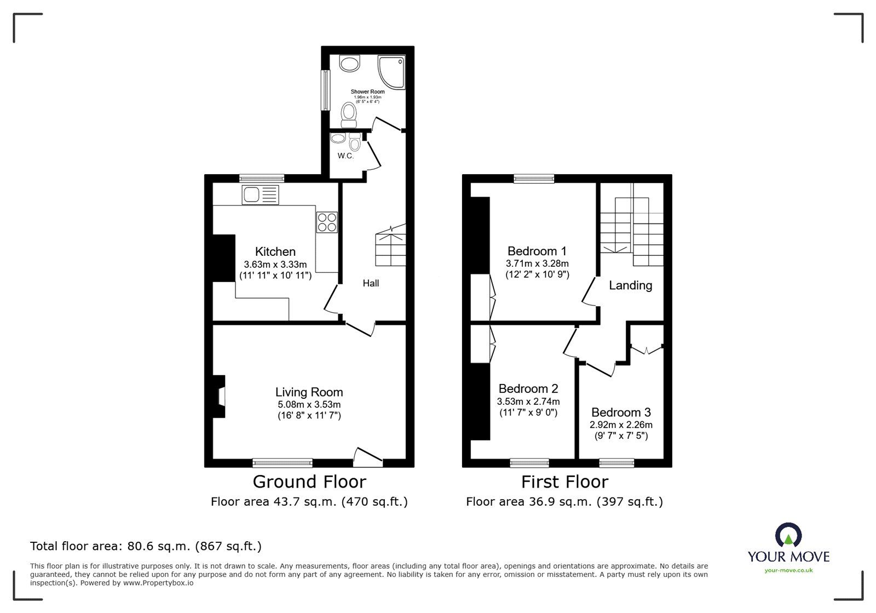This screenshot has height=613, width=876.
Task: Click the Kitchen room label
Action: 275,252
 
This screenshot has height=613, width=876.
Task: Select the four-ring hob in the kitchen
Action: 327,222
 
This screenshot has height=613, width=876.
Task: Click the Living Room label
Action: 309,392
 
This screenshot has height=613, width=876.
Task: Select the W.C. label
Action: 345,156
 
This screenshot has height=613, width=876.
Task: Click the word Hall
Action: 371,283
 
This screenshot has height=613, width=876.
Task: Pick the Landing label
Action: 630,285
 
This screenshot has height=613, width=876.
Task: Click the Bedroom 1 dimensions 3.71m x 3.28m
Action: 537,263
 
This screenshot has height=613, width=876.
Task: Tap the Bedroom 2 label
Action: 528,389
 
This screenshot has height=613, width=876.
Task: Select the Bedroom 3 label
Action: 621,413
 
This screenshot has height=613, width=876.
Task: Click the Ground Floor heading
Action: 309,482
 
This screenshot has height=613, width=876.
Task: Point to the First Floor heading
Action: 564,482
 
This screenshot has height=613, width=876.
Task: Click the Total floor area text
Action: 146,546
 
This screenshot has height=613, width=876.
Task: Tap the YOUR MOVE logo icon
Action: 788,536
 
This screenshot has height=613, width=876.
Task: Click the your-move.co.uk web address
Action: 788,570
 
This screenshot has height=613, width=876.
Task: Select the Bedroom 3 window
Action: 616,463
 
